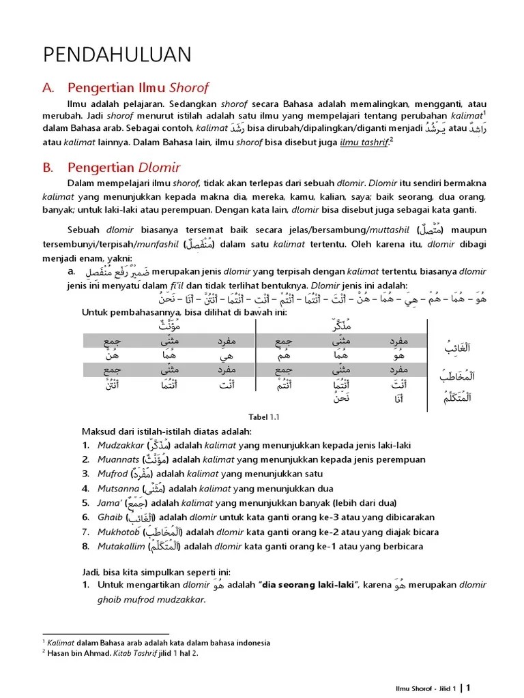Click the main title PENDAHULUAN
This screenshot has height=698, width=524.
[117, 55]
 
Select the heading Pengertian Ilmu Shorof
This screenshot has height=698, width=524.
[138, 87]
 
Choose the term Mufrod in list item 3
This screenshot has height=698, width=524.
[113, 474]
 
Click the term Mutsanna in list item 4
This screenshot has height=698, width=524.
[117, 489]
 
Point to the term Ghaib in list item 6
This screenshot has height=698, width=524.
[110, 517]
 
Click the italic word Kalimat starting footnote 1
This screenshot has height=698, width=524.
[60, 642]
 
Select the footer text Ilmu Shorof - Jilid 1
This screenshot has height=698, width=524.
[427, 688]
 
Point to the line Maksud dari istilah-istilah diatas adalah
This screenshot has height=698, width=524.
[166, 431]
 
